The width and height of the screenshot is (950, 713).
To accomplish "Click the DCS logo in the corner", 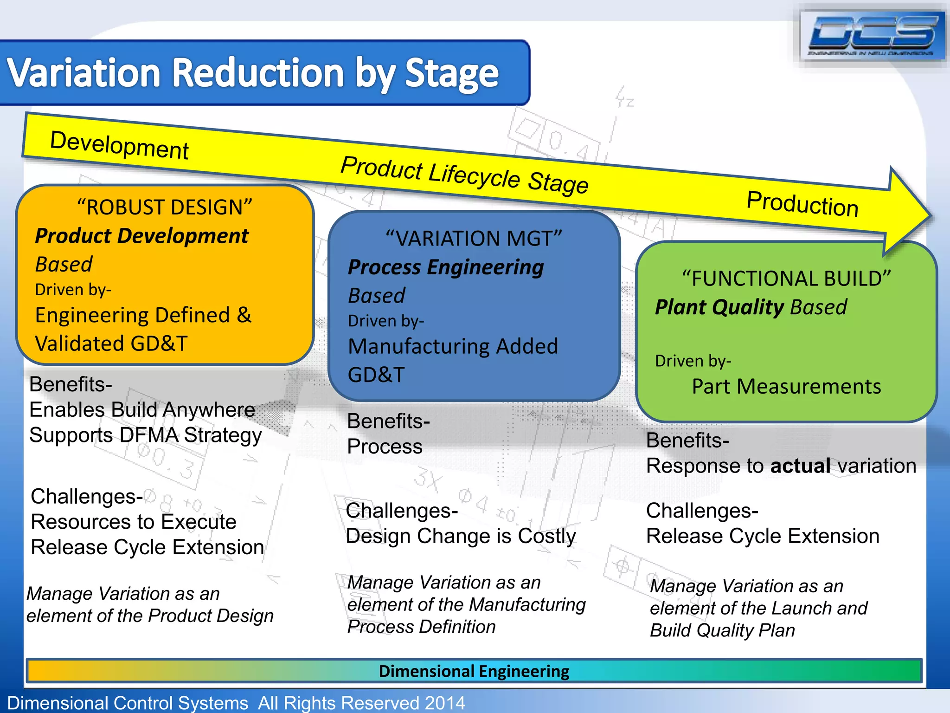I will (872, 36).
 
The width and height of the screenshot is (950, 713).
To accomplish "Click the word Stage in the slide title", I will (451, 73).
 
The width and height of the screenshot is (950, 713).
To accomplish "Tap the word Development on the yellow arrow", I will (119, 145).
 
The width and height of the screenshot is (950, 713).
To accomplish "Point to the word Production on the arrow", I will (802, 204).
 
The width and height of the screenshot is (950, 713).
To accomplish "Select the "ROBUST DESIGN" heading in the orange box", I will (165, 207).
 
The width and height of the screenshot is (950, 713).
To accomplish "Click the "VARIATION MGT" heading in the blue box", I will (474, 239).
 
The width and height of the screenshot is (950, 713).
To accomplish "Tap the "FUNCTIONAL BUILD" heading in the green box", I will (786, 279).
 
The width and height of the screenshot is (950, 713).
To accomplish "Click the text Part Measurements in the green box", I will (786, 386).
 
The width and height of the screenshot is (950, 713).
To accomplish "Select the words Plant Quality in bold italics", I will (719, 307).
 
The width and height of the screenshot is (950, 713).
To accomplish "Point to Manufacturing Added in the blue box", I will (453, 346).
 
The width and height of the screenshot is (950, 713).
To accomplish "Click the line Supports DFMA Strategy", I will (145, 435).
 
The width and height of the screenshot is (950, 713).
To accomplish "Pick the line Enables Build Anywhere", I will (142, 410).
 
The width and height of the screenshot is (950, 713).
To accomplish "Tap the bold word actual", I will (800, 466).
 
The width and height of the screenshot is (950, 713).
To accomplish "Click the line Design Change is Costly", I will (461, 536).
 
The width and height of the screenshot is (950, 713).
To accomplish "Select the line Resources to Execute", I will (134, 522).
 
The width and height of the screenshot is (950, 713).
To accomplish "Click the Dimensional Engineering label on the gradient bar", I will (474, 671).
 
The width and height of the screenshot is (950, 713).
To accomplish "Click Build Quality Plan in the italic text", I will (722, 630).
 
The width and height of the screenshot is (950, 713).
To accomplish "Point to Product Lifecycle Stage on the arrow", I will (464, 175).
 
